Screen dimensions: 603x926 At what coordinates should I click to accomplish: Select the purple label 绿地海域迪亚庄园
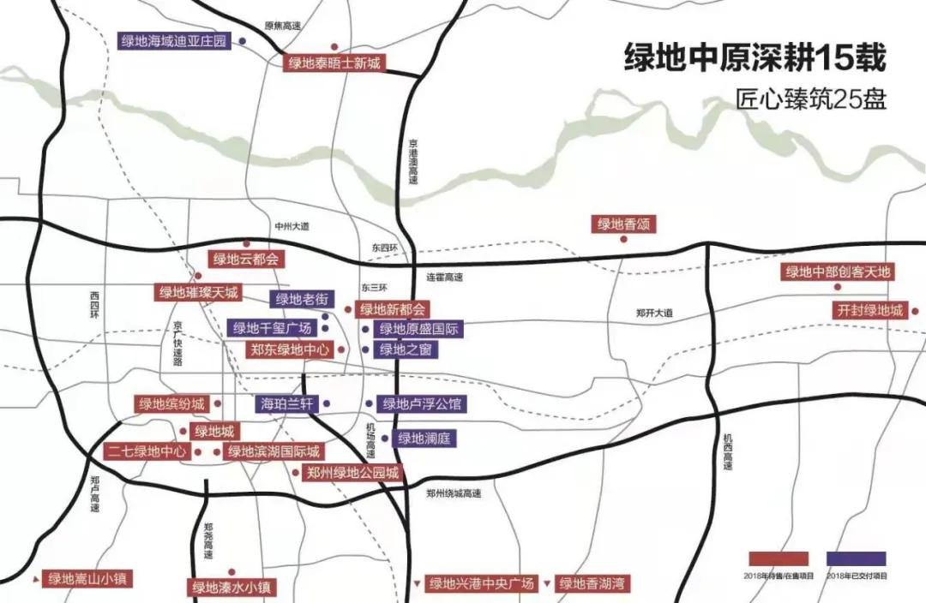pyautogui.click(x=175, y=40)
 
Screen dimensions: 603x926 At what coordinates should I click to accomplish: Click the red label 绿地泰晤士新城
pyautogui.click(x=334, y=63)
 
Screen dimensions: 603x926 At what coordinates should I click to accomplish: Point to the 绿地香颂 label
pyautogui.click(x=623, y=224)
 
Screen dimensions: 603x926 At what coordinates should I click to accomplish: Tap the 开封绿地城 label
pyautogui.click(x=869, y=310)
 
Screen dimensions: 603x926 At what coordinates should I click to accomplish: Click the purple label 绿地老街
pyautogui.click(x=299, y=299)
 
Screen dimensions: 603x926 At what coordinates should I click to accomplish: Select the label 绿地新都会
pyautogui.click(x=393, y=309)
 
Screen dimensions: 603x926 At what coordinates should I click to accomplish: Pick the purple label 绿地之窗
pyautogui.click(x=406, y=349)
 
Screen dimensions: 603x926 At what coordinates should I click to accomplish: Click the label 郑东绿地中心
pyautogui.click(x=289, y=349)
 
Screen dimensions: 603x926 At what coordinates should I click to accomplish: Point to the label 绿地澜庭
pyautogui.click(x=424, y=439)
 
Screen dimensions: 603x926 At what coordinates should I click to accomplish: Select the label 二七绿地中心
pyautogui.click(x=146, y=451)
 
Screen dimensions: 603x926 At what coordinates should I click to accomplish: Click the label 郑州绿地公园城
pyautogui.click(x=352, y=473)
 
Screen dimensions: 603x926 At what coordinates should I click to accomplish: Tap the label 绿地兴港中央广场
pyautogui.click(x=482, y=584)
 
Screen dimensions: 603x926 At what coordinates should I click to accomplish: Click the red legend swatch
pyautogui.click(x=779, y=558)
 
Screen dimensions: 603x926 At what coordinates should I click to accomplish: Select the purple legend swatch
pyautogui.click(x=857, y=558)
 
